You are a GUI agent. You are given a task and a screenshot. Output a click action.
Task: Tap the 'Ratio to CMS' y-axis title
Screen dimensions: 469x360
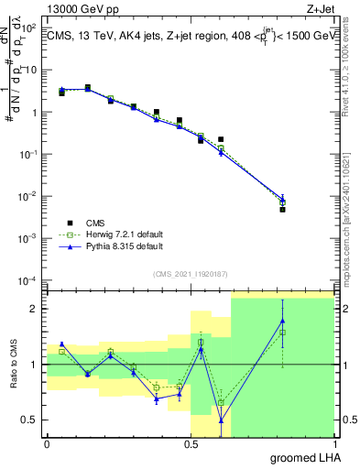[14, 364]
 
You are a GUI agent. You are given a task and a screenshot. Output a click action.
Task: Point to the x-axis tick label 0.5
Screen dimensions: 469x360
[191, 443]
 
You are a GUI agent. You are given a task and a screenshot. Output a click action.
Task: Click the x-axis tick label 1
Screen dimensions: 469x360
[333, 443]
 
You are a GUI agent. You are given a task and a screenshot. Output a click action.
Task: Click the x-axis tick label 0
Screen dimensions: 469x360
[47, 443]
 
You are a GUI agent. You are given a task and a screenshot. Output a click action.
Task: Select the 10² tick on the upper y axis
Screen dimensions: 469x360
[29, 28]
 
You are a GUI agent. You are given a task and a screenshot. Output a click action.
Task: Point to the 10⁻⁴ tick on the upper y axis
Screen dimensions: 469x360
[29, 280]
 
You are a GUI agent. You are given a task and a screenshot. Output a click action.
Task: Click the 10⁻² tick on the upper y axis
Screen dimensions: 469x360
[29, 197]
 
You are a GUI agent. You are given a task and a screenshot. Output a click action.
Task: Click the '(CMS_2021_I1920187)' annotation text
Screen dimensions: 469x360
[190, 273]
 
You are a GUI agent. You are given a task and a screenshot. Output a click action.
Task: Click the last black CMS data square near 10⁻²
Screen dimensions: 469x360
[283, 210]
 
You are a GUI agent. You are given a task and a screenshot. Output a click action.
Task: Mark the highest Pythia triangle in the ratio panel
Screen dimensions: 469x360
[283, 321]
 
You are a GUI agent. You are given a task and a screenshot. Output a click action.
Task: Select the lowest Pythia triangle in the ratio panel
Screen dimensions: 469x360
[222, 420]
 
